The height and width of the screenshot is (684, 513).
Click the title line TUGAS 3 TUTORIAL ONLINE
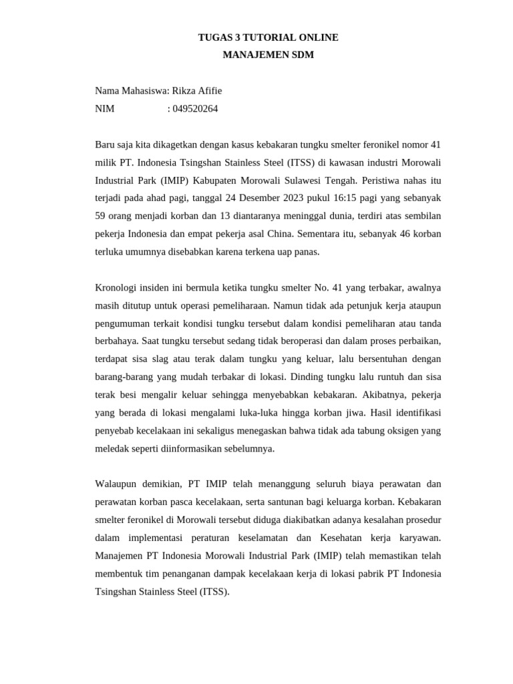(x=268, y=37)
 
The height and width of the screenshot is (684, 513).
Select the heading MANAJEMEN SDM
(x=268, y=55)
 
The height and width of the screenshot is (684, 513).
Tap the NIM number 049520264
(x=195, y=109)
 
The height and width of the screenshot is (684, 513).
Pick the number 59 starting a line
(x=101, y=216)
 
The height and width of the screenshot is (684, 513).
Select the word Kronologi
(x=118, y=288)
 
